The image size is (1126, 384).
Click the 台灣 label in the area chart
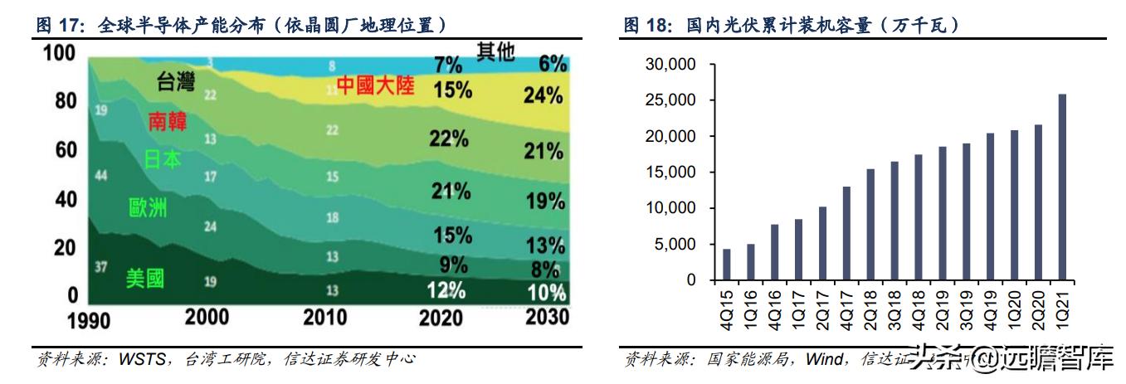175,81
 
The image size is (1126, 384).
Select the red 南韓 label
167,121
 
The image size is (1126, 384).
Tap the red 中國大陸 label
375,85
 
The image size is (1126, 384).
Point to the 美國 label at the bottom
144,279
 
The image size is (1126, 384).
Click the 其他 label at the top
495,52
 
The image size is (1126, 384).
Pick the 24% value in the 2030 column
544,95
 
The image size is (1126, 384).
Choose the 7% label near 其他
449,65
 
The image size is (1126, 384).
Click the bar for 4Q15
727,265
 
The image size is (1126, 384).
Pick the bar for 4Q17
846,234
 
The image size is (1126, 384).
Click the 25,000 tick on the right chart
670,100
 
